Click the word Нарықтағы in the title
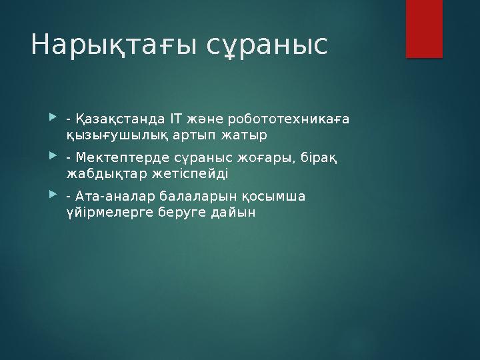[110, 45]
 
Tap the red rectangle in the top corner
[425, 28]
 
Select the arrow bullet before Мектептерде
[53, 158]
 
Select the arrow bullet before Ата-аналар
[53, 197]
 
